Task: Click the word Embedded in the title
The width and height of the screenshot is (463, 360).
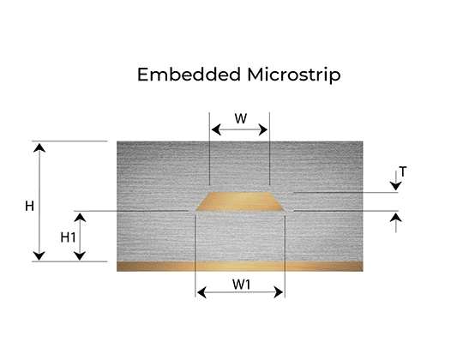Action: coord(189,75)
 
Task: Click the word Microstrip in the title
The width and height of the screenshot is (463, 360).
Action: coord(294,75)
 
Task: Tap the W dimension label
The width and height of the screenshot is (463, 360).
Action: coord(241,118)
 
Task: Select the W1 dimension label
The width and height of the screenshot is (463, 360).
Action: coord(241,285)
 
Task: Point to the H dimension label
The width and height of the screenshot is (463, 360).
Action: coord(29,206)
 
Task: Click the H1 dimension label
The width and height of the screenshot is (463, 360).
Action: coord(68,237)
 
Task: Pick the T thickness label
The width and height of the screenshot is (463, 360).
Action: coord(403,171)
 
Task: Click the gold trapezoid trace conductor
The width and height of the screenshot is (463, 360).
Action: coord(240,201)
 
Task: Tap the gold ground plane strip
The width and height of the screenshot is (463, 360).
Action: coord(240,267)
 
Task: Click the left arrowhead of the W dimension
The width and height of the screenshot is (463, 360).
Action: coord(216,129)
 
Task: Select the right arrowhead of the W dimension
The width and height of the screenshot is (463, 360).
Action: coord(263,129)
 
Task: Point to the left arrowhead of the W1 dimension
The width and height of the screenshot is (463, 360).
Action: coord(201,292)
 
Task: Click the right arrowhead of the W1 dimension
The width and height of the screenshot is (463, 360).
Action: coord(279,292)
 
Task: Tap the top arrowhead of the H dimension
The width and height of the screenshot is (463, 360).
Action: coord(39,147)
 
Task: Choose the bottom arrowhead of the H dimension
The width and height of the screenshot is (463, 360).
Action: coord(39,255)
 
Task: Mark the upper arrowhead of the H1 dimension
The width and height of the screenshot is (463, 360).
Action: coord(80,218)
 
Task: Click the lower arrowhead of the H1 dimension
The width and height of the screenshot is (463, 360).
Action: coord(80,255)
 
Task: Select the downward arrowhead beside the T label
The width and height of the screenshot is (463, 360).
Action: coord(395,186)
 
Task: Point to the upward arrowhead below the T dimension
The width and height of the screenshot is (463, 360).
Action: coord(395,218)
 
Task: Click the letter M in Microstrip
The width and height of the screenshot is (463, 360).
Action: coord(255,75)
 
